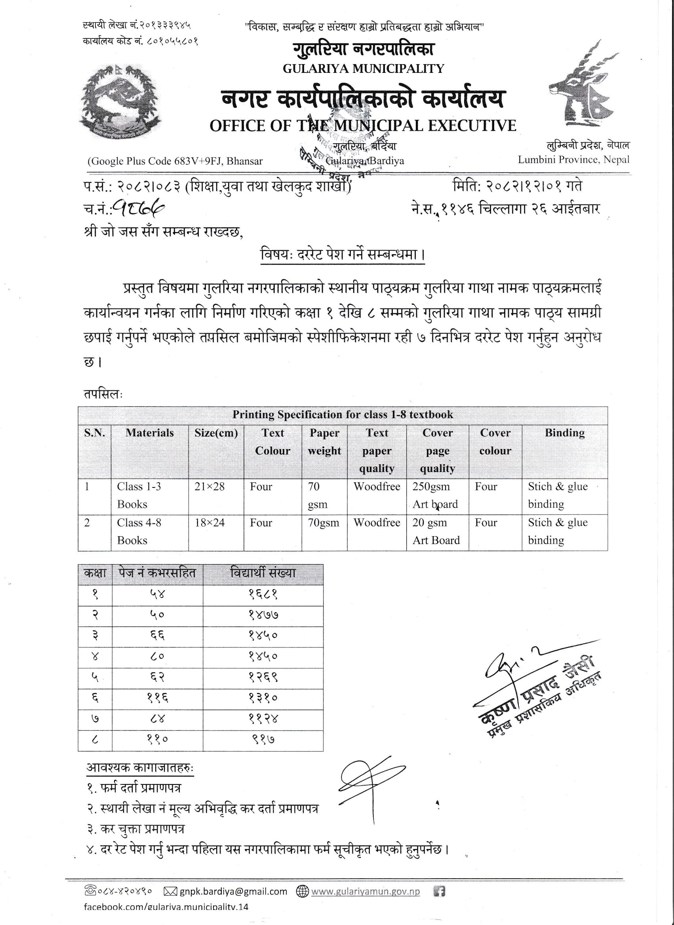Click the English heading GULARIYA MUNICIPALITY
tap(363, 69)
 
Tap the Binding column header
tap(564, 433)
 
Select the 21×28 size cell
tap(210, 487)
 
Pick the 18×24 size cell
tap(210, 523)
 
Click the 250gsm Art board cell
tap(435, 495)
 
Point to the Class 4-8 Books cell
tap(139, 531)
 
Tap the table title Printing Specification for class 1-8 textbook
tap(343, 415)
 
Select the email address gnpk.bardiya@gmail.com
tap(233, 892)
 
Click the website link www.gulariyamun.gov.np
tap(365, 892)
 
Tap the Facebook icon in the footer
tap(439, 892)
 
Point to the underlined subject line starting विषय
tap(343, 255)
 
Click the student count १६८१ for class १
tap(263, 595)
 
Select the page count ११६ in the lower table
tap(157, 698)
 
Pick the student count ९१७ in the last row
tap(263, 739)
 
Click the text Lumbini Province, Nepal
tap(574, 160)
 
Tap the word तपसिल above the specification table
tap(103, 394)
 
